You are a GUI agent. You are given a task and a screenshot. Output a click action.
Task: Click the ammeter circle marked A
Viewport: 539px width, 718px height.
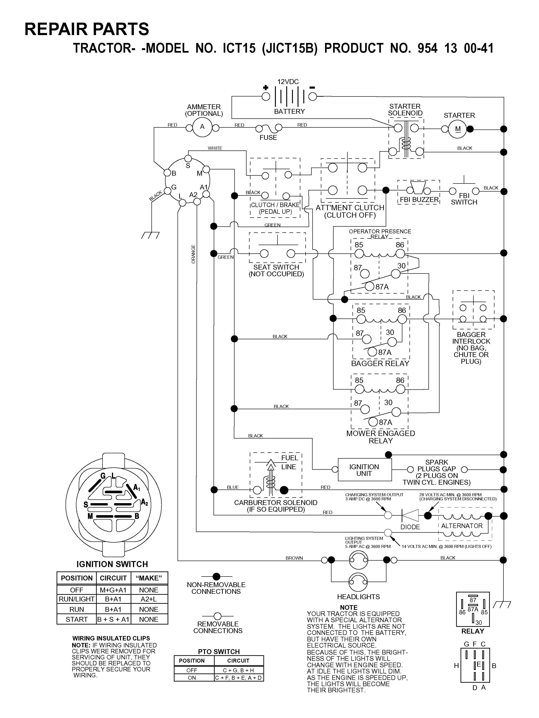(202, 127)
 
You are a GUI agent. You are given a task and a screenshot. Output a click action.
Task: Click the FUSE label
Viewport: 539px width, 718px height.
(268, 138)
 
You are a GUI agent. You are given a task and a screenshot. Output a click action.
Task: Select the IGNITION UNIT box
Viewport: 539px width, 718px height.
(365, 470)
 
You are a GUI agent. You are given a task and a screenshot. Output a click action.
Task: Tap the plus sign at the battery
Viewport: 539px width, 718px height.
(266, 87)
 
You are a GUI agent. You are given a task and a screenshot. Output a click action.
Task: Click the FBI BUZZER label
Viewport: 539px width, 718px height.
(419, 200)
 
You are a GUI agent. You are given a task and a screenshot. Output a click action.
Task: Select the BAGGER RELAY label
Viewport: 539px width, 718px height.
(380, 364)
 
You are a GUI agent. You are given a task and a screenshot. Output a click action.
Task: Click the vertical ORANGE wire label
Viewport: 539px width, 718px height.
(193, 254)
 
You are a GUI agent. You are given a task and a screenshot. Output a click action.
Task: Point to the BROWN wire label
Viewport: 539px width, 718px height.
(294, 558)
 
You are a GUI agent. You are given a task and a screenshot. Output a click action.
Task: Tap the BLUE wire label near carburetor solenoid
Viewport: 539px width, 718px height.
(233, 487)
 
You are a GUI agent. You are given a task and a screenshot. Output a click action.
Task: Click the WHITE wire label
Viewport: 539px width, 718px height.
(215, 148)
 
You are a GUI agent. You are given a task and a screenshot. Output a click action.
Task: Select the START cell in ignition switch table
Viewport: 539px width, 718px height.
(77, 619)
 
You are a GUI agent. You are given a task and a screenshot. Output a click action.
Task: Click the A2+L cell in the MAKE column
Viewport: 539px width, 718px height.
(149, 599)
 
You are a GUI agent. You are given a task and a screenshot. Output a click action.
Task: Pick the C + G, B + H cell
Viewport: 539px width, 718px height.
(238, 670)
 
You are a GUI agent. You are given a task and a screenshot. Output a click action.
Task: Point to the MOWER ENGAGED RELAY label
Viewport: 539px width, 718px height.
(381, 437)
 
